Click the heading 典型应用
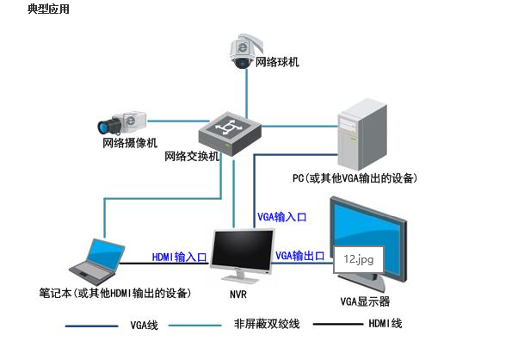point(48,9)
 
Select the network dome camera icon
point(245,51)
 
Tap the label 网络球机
point(277,62)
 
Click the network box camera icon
point(122,122)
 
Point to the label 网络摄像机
point(130,143)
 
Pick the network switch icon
point(230,133)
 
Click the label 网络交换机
point(192,156)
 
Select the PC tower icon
point(362,134)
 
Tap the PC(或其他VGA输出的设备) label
point(355,178)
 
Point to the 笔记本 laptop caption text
point(115,293)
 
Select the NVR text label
point(238,295)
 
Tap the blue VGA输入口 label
point(281,217)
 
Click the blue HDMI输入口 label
point(179,257)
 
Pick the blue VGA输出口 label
point(300,256)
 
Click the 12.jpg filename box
point(359,259)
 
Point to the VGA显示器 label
point(365,301)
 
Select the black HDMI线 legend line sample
point(337,324)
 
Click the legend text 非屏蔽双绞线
point(267,324)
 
